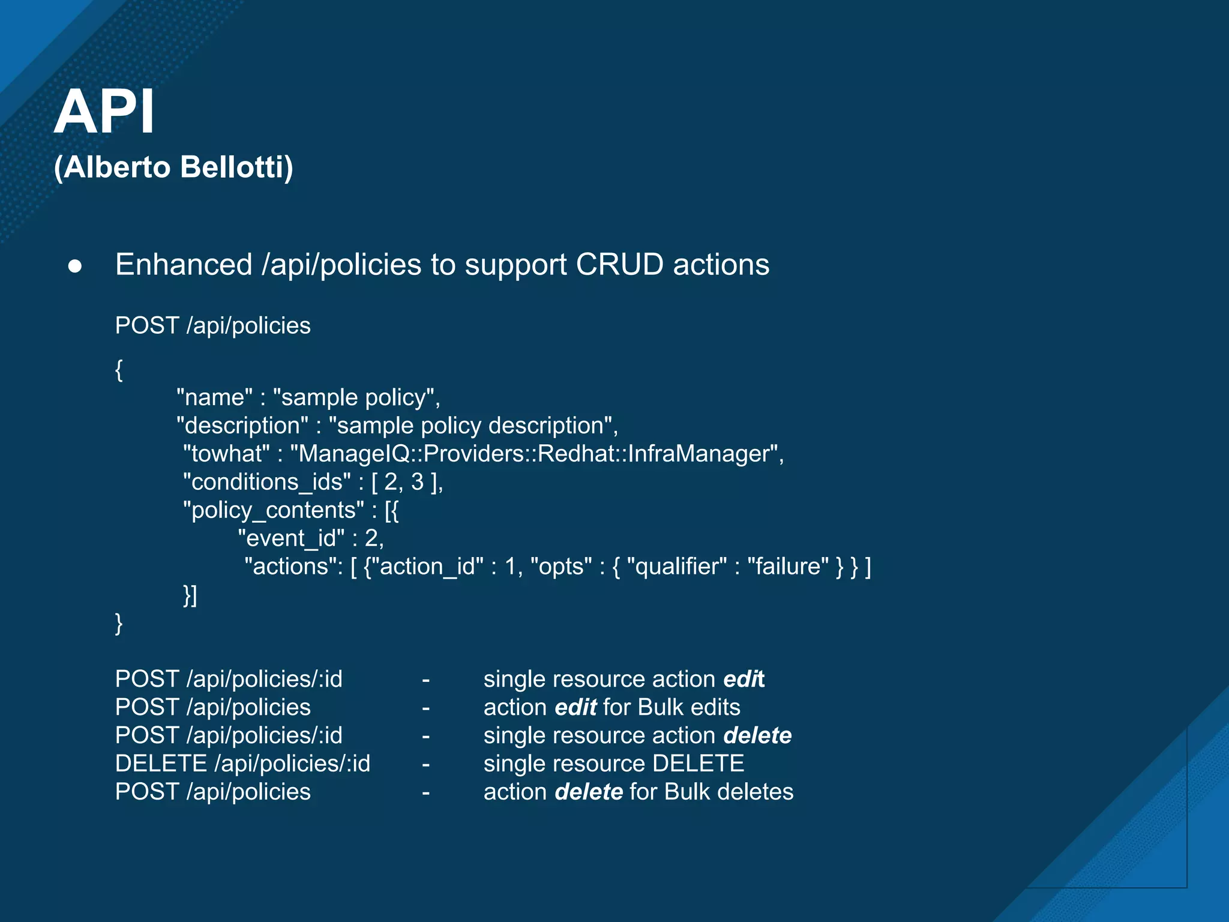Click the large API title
pyautogui.click(x=104, y=112)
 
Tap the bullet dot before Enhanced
pyautogui.click(x=75, y=266)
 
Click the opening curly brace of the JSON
pyautogui.click(x=119, y=370)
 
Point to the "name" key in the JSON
pyautogui.click(x=214, y=397)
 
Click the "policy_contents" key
pyautogui.click(x=273, y=510)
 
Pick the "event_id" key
pyautogui.click(x=291, y=538)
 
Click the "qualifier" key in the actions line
pyautogui.click(x=676, y=567)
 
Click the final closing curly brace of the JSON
pyautogui.click(x=119, y=624)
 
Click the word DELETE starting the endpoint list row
pyautogui.click(x=161, y=764)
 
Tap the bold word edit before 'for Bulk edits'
pyautogui.click(x=575, y=708)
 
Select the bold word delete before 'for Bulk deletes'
pyautogui.click(x=589, y=792)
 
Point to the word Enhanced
pyautogui.click(x=184, y=265)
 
